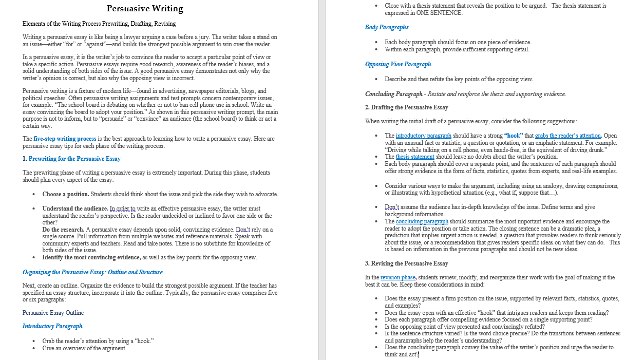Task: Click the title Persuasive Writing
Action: tap(145, 9)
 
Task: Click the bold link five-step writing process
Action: tap(65, 139)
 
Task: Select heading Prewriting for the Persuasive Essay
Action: tap(74, 159)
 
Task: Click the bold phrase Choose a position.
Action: tap(66, 194)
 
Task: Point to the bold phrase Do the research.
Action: tap(63, 230)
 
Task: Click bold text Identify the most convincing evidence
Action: tap(91, 257)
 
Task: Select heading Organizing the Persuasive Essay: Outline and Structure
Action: tap(92, 272)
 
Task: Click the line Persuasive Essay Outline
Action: tap(53, 313)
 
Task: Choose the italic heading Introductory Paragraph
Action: tap(52, 326)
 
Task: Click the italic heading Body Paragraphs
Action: tap(387, 27)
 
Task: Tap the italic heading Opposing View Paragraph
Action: tap(398, 64)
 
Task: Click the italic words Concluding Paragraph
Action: tap(387, 94)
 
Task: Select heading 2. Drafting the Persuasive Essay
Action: tap(406, 107)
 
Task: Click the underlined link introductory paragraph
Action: tap(423, 136)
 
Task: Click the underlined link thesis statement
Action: tap(415, 157)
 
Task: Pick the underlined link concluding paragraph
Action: tap(422, 221)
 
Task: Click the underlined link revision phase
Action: tap(397, 277)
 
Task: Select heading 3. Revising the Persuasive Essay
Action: tap(406, 263)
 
